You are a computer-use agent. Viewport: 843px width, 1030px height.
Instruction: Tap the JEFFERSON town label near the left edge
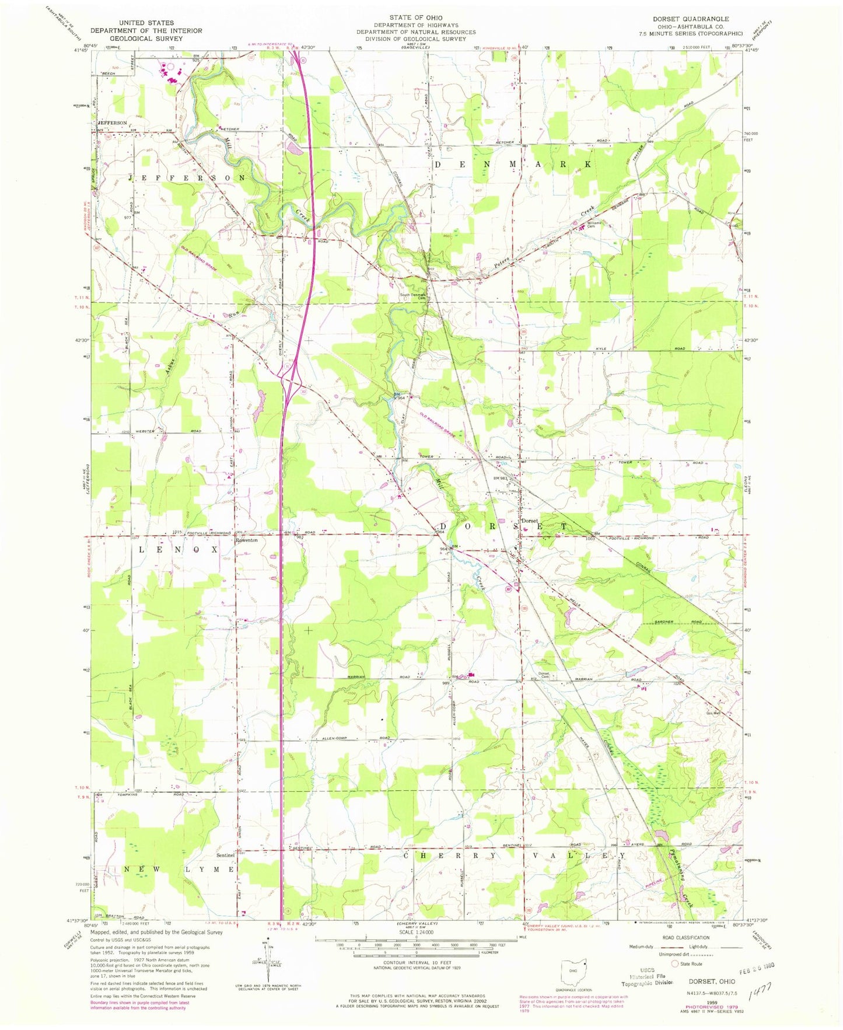coord(112,123)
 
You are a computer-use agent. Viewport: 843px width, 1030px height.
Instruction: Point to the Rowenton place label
coord(246,540)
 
